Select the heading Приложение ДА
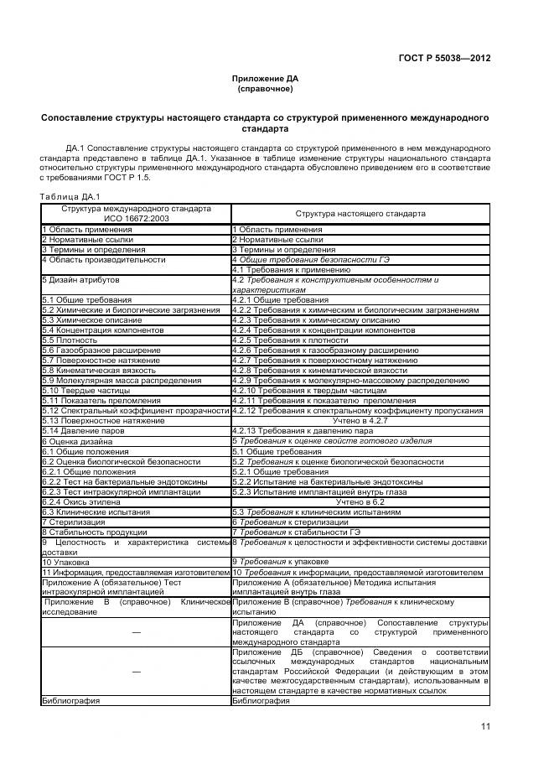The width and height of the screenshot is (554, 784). point(265,78)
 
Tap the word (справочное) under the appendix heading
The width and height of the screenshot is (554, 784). point(265,88)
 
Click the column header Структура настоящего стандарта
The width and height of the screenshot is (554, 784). point(360,214)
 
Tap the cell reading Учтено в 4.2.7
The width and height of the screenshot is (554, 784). point(360,421)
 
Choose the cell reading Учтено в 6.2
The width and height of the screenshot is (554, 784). point(360,501)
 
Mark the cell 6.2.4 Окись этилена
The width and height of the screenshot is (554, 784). point(84,501)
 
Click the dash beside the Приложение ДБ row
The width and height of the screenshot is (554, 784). point(136,671)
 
